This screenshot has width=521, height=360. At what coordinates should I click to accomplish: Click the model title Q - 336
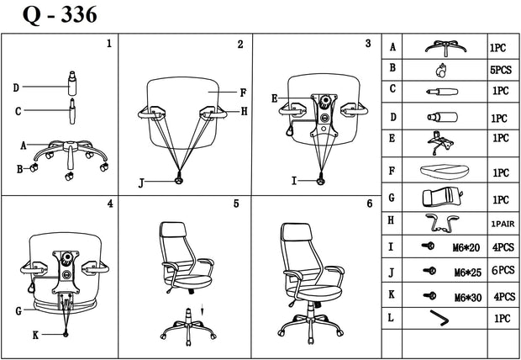pos(60,15)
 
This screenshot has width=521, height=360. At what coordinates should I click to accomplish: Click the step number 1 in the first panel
pos(109,44)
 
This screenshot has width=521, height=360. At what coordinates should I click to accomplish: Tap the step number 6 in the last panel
pos(370,204)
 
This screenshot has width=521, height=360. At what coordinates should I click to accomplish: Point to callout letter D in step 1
pos(16,87)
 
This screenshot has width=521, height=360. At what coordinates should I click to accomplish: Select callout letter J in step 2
pos(141,183)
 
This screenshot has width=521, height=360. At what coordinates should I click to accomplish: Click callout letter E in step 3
pos(274,98)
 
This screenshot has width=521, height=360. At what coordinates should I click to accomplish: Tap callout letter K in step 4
pos(35,336)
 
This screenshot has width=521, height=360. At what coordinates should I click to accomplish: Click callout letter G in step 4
pos(18,311)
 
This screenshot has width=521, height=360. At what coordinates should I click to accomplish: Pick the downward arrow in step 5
pos(202,310)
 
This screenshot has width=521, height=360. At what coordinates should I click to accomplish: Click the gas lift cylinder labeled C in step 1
pos(72,111)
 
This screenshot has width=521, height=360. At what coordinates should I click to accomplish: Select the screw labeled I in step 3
pos(321,179)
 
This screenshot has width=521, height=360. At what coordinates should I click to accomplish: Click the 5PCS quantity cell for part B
pos(500,71)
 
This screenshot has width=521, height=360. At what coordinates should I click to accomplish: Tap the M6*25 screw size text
pos(468,273)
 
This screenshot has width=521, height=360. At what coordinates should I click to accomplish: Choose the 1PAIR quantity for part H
pos(503,225)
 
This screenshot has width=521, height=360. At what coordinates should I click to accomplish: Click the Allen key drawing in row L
pos(439,318)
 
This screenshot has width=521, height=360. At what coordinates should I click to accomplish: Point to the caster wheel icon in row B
pos(440,71)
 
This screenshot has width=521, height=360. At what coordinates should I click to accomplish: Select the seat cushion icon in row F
pos(445,172)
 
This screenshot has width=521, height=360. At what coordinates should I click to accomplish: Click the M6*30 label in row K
pos(468,298)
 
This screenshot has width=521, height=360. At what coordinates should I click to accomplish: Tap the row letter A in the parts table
pos(392,47)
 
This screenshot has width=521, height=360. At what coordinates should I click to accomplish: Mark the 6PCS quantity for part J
pos(503,271)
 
